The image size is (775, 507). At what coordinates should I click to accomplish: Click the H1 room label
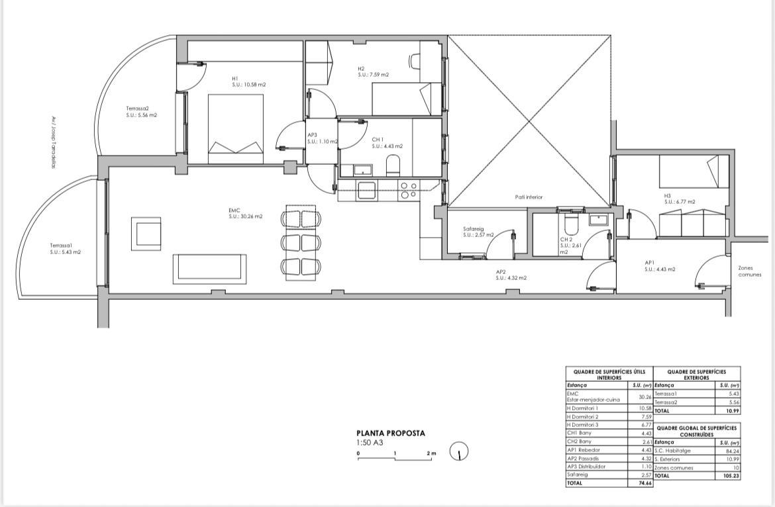[x=235, y=78]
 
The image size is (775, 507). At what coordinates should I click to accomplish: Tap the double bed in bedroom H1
[x=236, y=128]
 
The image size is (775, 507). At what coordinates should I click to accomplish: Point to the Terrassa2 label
[x=138, y=109]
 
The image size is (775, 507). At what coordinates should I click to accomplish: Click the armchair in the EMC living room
[x=146, y=233]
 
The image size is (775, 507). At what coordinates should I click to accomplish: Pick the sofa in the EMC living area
[x=209, y=269]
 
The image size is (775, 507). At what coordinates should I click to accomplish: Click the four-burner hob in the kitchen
[x=409, y=190]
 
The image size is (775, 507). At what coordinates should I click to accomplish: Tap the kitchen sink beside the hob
[x=366, y=191]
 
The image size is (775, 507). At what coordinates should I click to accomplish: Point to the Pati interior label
[x=529, y=197]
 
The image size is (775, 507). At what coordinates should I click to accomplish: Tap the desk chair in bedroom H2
[x=415, y=61]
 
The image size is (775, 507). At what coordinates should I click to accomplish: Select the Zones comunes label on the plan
[x=750, y=271]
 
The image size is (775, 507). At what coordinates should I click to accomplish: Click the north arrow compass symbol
[x=459, y=452]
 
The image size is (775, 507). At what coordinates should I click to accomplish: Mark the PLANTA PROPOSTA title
[x=391, y=434]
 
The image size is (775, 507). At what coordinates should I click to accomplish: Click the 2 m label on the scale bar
[x=433, y=453]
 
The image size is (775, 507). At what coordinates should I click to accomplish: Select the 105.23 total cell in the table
[x=730, y=475]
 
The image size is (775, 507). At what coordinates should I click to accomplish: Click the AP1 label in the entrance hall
[x=650, y=262]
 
